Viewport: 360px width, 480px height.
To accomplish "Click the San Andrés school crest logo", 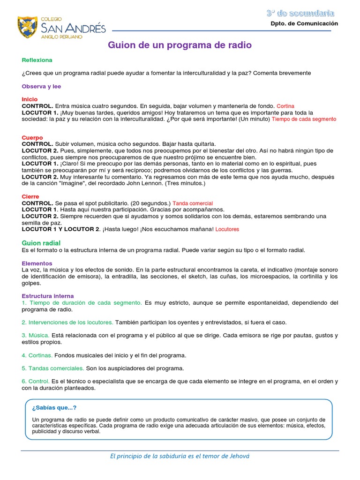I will [27, 27].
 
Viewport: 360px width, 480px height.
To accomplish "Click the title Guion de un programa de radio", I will [180, 45].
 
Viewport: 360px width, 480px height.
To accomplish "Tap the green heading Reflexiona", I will [37, 60].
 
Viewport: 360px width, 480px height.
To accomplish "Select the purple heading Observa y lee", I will [41, 86].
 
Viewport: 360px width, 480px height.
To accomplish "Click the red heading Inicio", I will [30, 99].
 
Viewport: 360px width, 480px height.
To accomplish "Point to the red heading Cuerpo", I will [32, 138].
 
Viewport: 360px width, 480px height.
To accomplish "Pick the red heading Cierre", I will [30, 196].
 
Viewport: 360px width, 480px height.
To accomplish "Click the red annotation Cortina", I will [285, 106].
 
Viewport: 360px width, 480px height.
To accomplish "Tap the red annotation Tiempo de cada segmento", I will [304, 120].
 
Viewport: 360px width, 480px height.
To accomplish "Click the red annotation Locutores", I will [227, 230].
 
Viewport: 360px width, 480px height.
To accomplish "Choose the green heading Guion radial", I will [41, 243].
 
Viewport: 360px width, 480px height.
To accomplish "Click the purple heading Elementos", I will [37, 263].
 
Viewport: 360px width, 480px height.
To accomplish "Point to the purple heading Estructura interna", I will [48, 296].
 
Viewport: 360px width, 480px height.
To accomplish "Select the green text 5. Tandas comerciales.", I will [53, 368].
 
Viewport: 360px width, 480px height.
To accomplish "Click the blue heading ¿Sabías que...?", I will [54, 407].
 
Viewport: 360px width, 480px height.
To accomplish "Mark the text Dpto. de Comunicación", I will [304, 23].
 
